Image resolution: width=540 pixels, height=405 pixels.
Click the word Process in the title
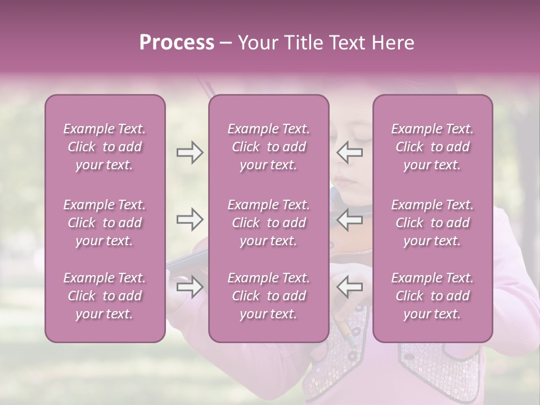pos(177,43)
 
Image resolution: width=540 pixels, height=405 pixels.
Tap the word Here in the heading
pos(391,43)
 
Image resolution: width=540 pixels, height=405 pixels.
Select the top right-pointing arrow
pos(190,153)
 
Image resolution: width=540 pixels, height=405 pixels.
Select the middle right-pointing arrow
pos(190,220)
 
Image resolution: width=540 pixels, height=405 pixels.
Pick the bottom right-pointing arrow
pos(190,287)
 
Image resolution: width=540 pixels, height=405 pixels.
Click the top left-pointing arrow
pos(349,153)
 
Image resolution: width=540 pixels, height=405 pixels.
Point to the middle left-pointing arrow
pos(349,220)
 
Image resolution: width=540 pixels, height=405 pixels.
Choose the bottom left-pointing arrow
pos(349,287)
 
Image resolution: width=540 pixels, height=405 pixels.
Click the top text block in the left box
pos(105,147)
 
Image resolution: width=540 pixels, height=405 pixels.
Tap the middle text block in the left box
pos(105,223)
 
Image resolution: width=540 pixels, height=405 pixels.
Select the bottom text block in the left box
pos(105,296)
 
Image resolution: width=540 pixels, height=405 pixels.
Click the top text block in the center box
pos(269,147)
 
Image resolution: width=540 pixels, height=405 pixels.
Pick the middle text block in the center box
pos(269,223)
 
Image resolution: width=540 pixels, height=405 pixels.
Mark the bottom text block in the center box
pos(269,296)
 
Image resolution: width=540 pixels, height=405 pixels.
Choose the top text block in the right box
pos(433,147)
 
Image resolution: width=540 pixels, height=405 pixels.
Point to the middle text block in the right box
pos(433,223)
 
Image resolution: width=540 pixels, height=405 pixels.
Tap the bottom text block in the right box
pos(433,296)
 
